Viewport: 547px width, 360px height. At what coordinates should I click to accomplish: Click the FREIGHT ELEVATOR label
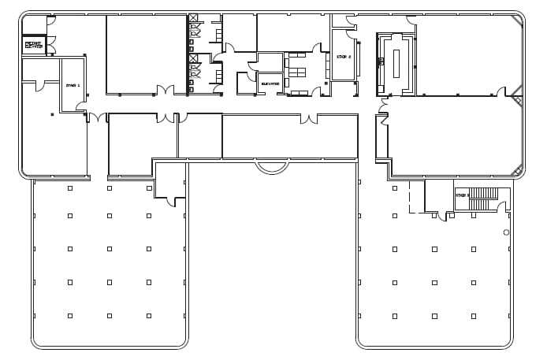pos(34,45)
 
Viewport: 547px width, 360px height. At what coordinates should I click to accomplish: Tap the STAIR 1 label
pos(73,85)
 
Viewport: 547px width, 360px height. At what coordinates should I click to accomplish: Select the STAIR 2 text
pos(343,57)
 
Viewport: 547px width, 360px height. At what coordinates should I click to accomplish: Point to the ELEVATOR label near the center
pos(270,84)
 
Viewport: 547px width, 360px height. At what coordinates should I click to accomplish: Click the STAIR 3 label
pos(462,195)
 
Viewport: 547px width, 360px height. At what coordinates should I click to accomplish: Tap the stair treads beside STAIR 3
pos(483,199)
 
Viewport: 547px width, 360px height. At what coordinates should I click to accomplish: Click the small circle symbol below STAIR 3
pos(506,232)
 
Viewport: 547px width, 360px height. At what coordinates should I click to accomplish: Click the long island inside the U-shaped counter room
pos(396,63)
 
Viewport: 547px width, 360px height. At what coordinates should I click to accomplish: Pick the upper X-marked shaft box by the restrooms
pos(193,18)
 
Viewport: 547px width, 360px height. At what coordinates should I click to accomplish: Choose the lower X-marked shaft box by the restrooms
pos(193,58)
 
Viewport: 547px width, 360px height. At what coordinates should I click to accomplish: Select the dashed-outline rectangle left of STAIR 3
pos(417,197)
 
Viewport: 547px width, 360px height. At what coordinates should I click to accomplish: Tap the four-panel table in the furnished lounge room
pos(296,72)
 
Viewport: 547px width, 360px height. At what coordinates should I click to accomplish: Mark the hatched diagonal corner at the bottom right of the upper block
pos(518,169)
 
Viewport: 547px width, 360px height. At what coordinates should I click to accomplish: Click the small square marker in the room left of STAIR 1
pos(52,115)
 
